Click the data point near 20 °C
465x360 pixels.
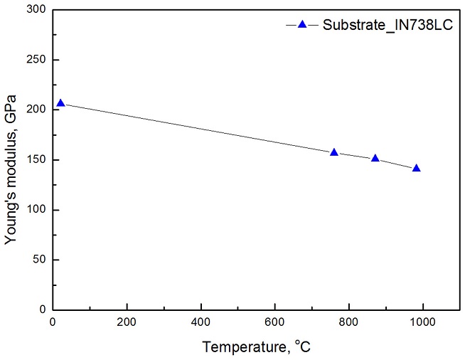pyautogui.click(x=60, y=103)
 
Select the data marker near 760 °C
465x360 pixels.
pyautogui.click(x=334, y=152)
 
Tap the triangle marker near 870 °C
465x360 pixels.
pyautogui.click(x=375, y=158)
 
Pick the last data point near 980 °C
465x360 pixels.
pyautogui.click(x=416, y=168)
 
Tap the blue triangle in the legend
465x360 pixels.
pyautogui.click(x=301, y=25)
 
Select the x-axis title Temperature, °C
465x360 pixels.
pyautogui.click(x=257, y=348)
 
